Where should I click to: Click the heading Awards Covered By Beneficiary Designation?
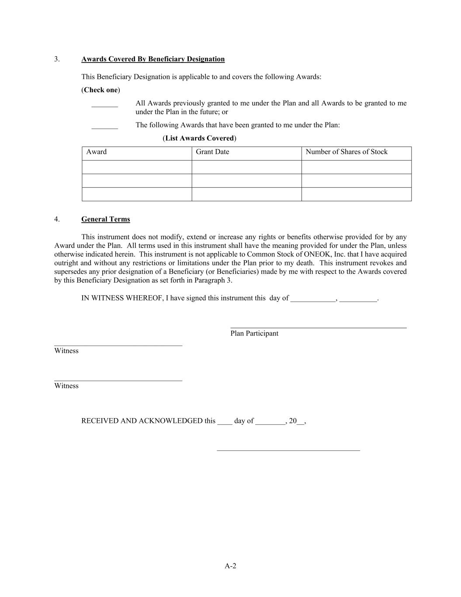[153, 59]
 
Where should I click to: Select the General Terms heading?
[105, 219]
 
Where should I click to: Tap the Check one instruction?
[101, 90]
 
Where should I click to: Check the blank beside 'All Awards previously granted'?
[104, 105]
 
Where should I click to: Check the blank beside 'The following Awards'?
[104, 127]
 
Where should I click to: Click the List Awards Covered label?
[199, 138]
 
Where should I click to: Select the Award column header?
[97, 152]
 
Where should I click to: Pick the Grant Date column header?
[212, 152]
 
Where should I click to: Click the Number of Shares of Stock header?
[347, 152]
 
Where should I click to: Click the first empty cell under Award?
[137, 167]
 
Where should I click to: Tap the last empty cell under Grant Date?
[246, 194]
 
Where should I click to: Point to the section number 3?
[57, 59]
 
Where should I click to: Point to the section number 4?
[57, 219]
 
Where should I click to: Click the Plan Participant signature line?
[318, 326]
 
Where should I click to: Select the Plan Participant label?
[254, 333]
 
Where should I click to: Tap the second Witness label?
[66, 386]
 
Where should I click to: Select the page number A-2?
[230, 566]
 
